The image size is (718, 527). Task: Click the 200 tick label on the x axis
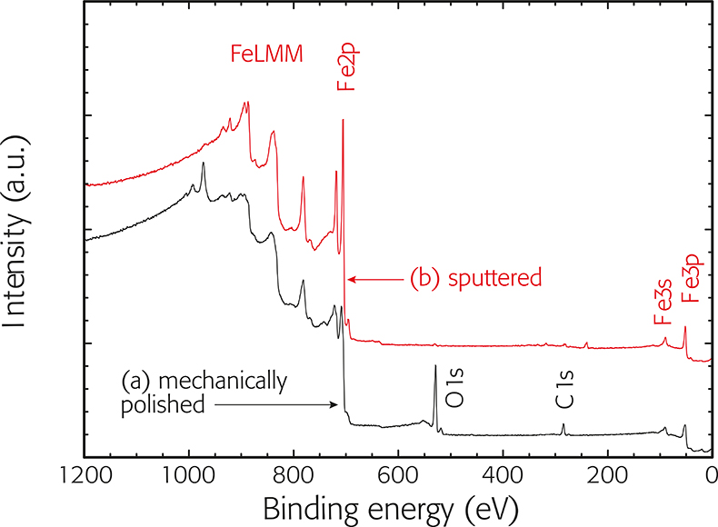click(x=607, y=473)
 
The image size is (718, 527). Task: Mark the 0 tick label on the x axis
click(x=711, y=473)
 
